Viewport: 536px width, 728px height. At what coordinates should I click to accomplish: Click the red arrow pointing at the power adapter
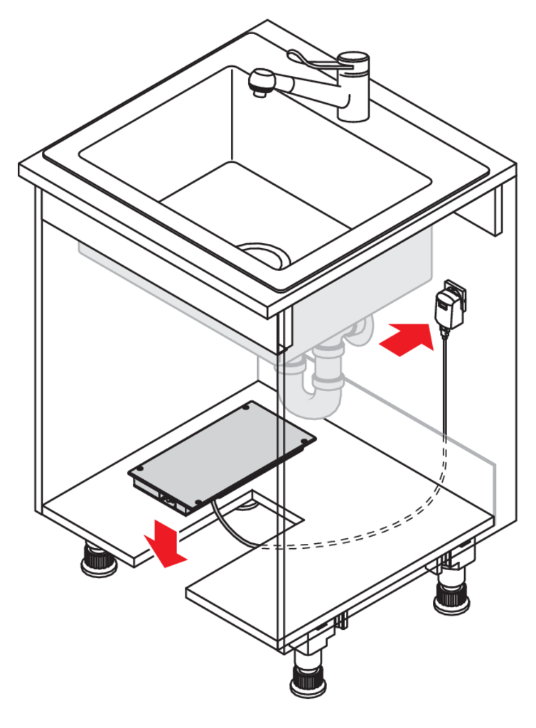(x=406, y=338)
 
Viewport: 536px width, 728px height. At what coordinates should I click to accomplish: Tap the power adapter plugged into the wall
(x=447, y=305)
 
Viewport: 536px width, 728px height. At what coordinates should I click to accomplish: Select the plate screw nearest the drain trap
(x=306, y=441)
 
